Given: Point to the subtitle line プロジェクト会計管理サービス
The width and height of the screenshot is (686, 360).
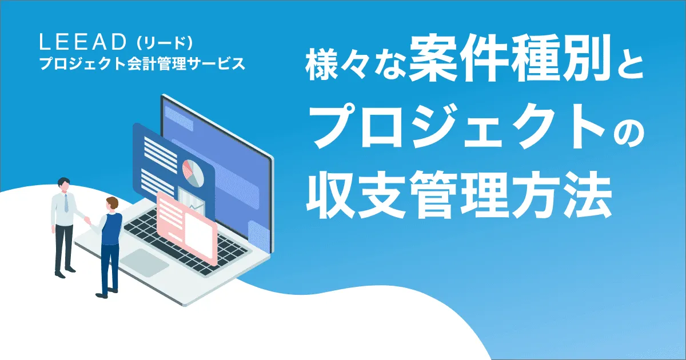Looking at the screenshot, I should click(142, 63).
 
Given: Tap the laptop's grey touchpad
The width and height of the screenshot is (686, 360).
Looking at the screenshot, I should click(145, 261).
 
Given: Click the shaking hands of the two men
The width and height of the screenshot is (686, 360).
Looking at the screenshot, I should click(87, 220).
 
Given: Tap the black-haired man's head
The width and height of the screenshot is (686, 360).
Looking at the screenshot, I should click(65, 185).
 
